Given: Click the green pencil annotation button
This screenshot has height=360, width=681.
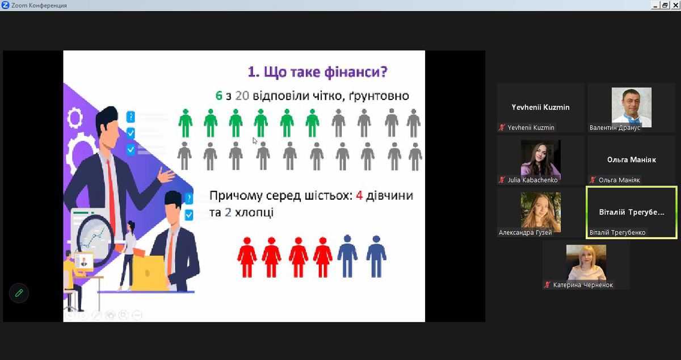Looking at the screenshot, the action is pos(19,293).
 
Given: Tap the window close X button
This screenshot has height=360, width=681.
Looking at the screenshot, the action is pos(675,5).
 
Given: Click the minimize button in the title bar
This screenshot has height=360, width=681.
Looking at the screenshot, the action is pos(655,5).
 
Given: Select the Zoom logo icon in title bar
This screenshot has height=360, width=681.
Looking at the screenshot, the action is pos(5,5).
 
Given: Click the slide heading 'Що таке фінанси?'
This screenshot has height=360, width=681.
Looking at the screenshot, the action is pos(317,72).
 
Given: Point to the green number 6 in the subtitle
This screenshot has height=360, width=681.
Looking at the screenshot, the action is pos(219,95).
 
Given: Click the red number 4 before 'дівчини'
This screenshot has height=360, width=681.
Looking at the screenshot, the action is pos(359,195).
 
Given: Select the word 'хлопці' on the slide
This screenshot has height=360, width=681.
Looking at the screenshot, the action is pos(254,212).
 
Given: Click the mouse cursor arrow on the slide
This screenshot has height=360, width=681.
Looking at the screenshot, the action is pos(255,141).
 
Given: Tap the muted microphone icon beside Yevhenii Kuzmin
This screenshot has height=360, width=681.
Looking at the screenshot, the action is pos(502,128).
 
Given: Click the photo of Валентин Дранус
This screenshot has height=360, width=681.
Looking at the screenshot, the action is pos(632,107).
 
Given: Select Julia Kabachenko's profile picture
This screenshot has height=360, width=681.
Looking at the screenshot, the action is pos(540,160).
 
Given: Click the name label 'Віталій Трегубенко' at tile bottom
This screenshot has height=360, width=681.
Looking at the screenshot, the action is pos(617,232).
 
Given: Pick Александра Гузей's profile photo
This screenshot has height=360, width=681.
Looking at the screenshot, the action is pos(540,212).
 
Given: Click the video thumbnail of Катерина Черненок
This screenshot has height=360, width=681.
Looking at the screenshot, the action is pos(586,263).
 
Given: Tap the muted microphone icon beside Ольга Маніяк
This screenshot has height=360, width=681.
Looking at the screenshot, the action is pos(592,180).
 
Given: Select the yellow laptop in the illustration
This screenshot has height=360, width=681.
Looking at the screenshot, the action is pos(149,273).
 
